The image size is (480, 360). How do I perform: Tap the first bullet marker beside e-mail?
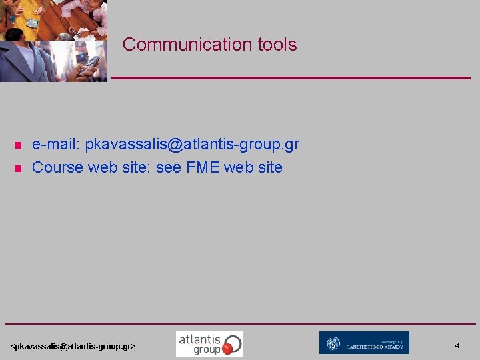(18, 145)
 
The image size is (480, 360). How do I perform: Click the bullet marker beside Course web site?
(18, 168)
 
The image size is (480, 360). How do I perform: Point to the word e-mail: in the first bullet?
(56, 144)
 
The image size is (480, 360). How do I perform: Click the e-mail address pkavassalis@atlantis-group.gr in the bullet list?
(192, 144)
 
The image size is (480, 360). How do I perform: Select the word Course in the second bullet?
(57, 167)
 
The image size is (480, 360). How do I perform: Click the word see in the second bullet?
(168, 167)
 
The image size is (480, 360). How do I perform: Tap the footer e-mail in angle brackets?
(73, 347)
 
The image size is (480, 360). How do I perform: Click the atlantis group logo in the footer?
(209, 343)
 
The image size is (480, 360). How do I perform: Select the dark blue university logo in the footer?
(364, 343)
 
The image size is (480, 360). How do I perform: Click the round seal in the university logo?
(333, 343)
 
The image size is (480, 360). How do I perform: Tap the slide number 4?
(457, 345)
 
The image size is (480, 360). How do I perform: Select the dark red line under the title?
(290, 78)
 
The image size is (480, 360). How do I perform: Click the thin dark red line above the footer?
(240, 324)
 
